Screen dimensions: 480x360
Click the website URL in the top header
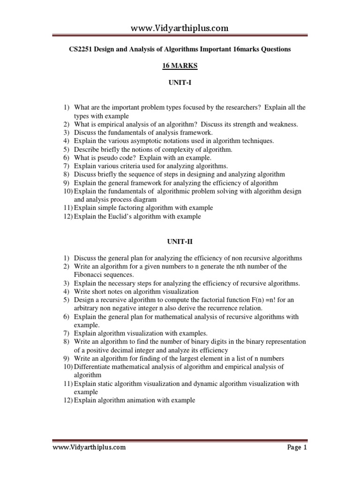point(180,28)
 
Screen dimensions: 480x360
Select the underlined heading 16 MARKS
point(180,67)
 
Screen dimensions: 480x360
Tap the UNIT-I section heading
point(180,83)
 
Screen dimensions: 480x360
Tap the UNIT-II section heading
point(180,242)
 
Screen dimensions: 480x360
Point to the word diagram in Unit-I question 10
point(150,199)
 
